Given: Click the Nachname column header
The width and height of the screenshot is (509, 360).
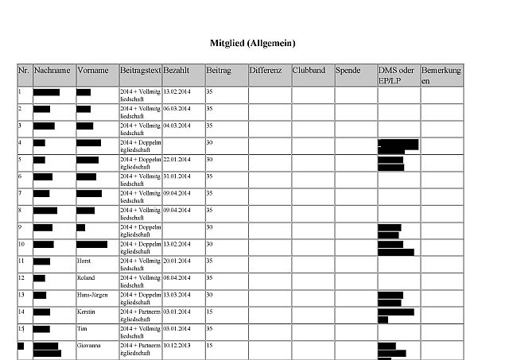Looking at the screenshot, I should pyautogui.click(x=52, y=71).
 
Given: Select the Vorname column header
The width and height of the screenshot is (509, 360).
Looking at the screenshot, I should pyautogui.click(x=92, y=71).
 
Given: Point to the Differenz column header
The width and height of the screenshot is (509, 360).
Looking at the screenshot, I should pyautogui.click(x=266, y=71).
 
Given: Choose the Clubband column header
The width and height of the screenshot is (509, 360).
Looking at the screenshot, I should pyautogui.click(x=309, y=71).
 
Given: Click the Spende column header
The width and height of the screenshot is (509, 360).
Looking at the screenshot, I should pyautogui.click(x=348, y=71).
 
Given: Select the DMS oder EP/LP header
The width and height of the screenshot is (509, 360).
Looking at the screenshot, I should pyautogui.click(x=396, y=75).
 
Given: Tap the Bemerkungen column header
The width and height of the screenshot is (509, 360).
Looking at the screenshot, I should pyautogui.click(x=441, y=75).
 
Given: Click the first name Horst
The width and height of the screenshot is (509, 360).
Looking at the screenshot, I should pyautogui.click(x=84, y=261).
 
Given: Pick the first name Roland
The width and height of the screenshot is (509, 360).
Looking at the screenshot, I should pyautogui.click(x=85, y=277).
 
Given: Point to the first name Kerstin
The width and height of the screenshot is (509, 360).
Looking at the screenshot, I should pyautogui.click(x=86, y=312).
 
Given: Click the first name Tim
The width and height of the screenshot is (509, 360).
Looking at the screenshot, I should pyautogui.click(x=80, y=328).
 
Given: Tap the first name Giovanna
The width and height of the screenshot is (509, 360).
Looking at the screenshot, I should pyautogui.click(x=89, y=346).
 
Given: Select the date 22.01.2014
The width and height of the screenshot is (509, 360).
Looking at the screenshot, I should pyautogui.click(x=177, y=159).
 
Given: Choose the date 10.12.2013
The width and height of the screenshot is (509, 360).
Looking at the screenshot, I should pyautogui.click(x=177, y=346).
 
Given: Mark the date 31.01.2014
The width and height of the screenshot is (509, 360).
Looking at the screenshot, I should pyautogui.click(x=177, y=176).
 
